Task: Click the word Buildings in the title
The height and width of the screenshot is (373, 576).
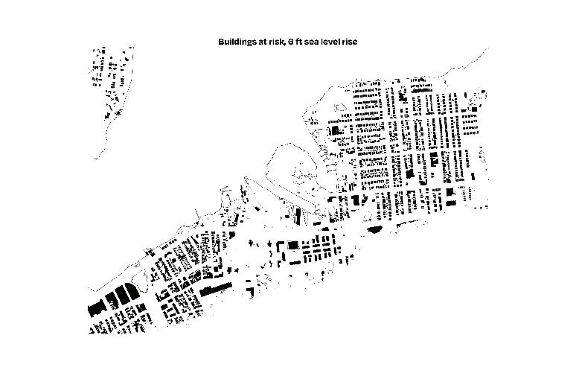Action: (x=234, y=42)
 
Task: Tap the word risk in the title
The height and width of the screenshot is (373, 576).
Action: (x=275, y=42)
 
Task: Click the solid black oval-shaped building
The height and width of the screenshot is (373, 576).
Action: (x=374, y=229)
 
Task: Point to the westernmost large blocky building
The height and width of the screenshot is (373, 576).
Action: (x=95, y=307)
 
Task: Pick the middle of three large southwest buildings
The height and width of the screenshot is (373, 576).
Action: (x=111, y=299)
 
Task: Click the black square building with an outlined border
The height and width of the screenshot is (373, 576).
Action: (x=293, y=245)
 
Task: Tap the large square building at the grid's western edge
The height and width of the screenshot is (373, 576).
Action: (x=335, y=130)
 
